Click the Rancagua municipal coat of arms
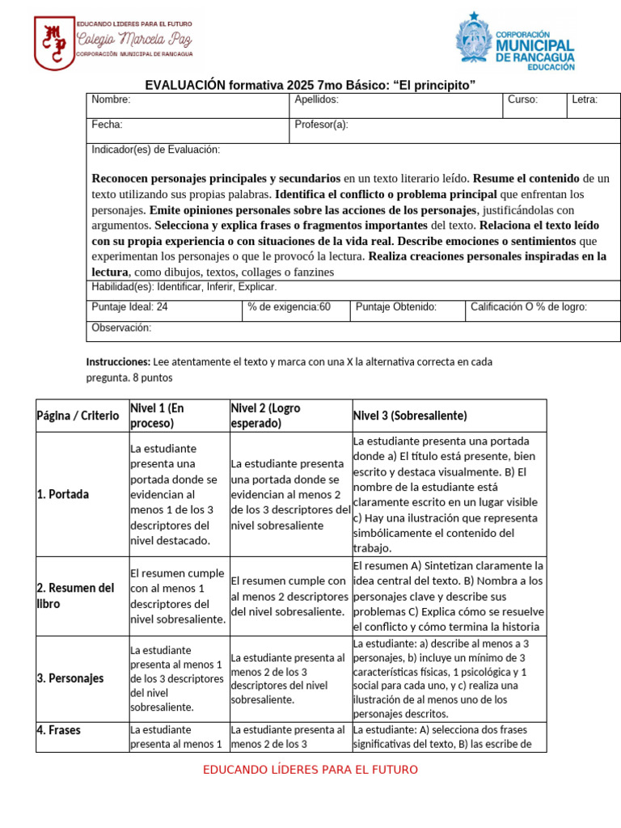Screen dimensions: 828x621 coord(473,38)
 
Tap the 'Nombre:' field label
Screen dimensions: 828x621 coord(111,99)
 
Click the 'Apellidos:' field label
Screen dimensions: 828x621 coord(316,99)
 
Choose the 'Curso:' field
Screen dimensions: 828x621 coord(522,99)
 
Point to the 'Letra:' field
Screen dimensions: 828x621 coord(585,99)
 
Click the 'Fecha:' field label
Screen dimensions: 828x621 coord(107,125)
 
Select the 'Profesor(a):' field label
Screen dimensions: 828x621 coord(321,125)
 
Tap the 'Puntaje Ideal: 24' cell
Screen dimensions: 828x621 coord(129,306)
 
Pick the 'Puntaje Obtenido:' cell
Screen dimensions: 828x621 coord(396,306)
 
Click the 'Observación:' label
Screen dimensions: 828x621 coord(121,327)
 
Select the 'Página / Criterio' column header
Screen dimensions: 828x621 coord(78,416)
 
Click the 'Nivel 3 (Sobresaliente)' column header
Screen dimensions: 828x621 coord(410,416)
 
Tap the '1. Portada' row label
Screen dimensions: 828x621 coord(63,494)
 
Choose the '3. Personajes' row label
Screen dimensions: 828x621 coord(70,678)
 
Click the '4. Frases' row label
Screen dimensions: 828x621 coord(59,729)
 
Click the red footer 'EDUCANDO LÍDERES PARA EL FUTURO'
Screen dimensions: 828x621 coord(310,770)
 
